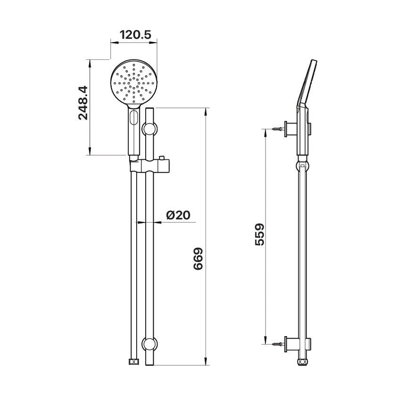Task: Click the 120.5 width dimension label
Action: [135, 35]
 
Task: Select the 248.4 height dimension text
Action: [83, 103]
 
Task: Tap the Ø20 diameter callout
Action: [178, 215]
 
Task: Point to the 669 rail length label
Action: [198, 259]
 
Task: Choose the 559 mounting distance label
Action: [259, 234]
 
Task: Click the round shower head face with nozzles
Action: [133, 82]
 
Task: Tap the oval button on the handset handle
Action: [133, 117]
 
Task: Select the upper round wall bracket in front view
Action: [150, 129]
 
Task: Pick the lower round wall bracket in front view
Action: [150, 344]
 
